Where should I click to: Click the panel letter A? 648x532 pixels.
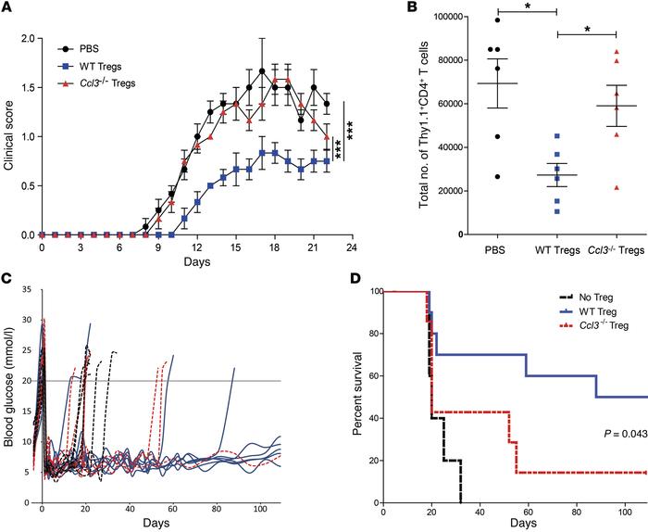tap(8, 9)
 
